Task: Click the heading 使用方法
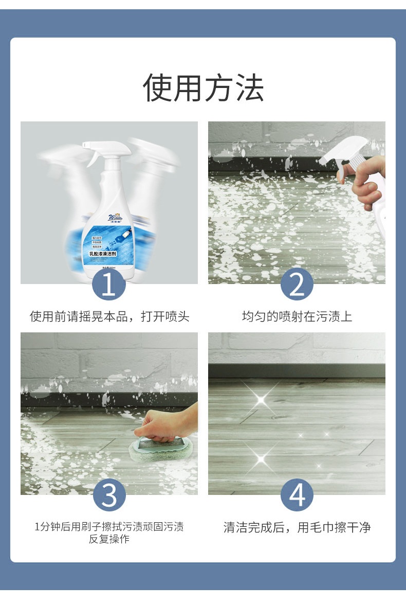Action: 203,88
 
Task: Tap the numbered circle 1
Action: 109,284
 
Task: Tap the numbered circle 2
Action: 297,284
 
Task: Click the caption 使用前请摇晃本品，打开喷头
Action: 109,316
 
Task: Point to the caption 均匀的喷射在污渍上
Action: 297,316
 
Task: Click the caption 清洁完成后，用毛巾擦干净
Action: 297,527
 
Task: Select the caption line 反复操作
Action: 109,539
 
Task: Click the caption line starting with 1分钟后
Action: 109,526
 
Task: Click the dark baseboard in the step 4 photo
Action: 297,370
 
